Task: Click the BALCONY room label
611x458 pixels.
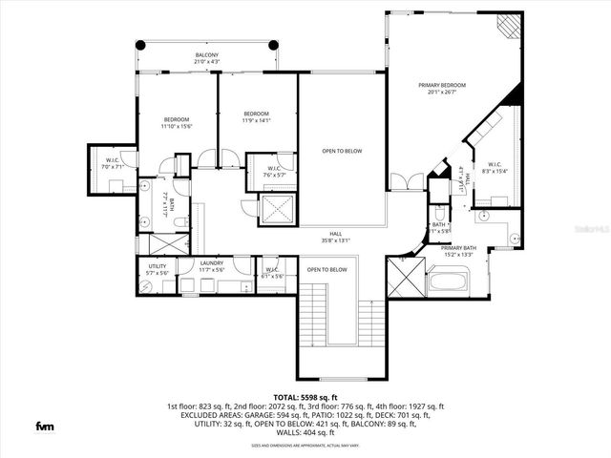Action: [207, 55]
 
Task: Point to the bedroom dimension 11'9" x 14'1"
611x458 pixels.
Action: [257, 120]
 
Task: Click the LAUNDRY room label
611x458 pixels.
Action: [212, 262]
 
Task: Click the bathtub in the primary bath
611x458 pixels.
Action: [447, 281]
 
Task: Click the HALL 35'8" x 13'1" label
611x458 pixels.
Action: [336, 238]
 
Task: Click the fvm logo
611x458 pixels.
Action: [44, 426]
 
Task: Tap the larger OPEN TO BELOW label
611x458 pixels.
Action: [341, 151]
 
